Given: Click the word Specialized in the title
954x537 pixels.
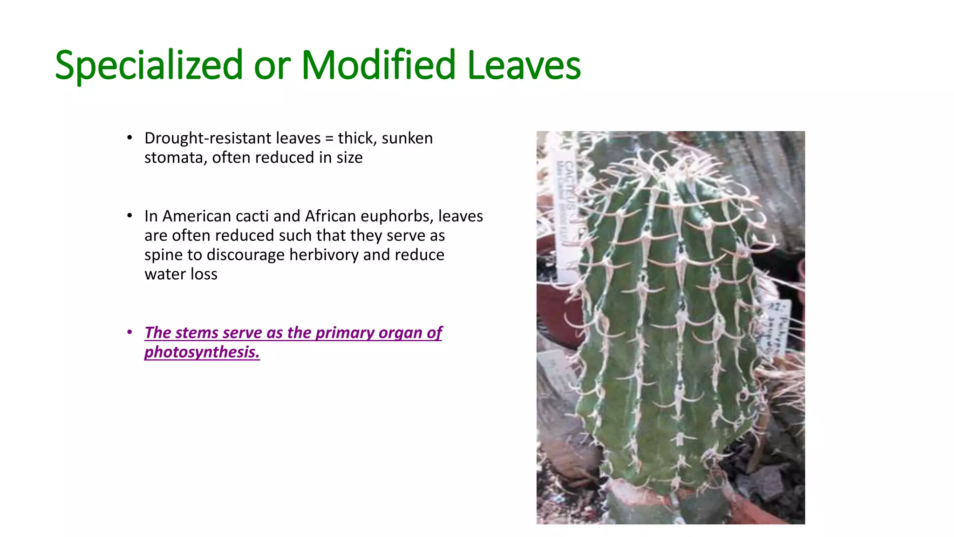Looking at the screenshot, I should coord(149,65).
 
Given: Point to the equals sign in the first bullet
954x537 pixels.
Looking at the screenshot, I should coord(329,139).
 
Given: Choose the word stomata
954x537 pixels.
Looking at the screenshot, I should coord(175,158).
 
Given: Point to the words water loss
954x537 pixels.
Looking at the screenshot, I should coord(181,274).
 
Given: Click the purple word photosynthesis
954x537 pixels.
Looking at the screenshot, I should coord(202,352).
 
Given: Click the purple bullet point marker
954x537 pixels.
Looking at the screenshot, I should coord(130,332).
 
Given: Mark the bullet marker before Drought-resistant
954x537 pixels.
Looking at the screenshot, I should coord(130,138).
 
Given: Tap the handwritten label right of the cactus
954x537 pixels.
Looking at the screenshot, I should coord(774,326).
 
